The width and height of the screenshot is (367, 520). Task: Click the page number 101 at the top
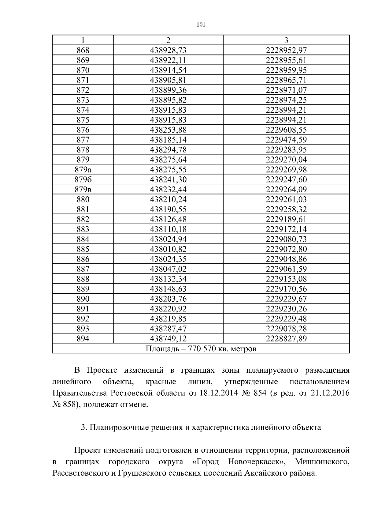[x=201, y=25]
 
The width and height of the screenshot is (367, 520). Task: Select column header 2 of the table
[x=168, y=40]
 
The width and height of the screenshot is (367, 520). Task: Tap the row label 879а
[x=83, y=170]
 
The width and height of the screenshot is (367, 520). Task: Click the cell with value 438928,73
[x=168, y=50]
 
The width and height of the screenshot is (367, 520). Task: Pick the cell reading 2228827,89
[x=286, y=339]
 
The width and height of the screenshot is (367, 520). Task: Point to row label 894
[x=83, y=339]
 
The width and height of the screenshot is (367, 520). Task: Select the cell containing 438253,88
[x=168, y=130]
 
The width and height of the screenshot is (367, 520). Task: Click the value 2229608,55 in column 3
[x=286, y=130]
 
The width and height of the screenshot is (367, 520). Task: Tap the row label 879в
[x=83, y=190]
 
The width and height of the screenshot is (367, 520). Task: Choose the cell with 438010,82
[x=168, y=249]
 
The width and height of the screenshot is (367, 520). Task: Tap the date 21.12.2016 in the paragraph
[x=330, y=393]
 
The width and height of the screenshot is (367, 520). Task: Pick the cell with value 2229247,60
[x=286, y=180]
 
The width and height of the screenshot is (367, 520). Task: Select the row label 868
[x=83, y=50]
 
